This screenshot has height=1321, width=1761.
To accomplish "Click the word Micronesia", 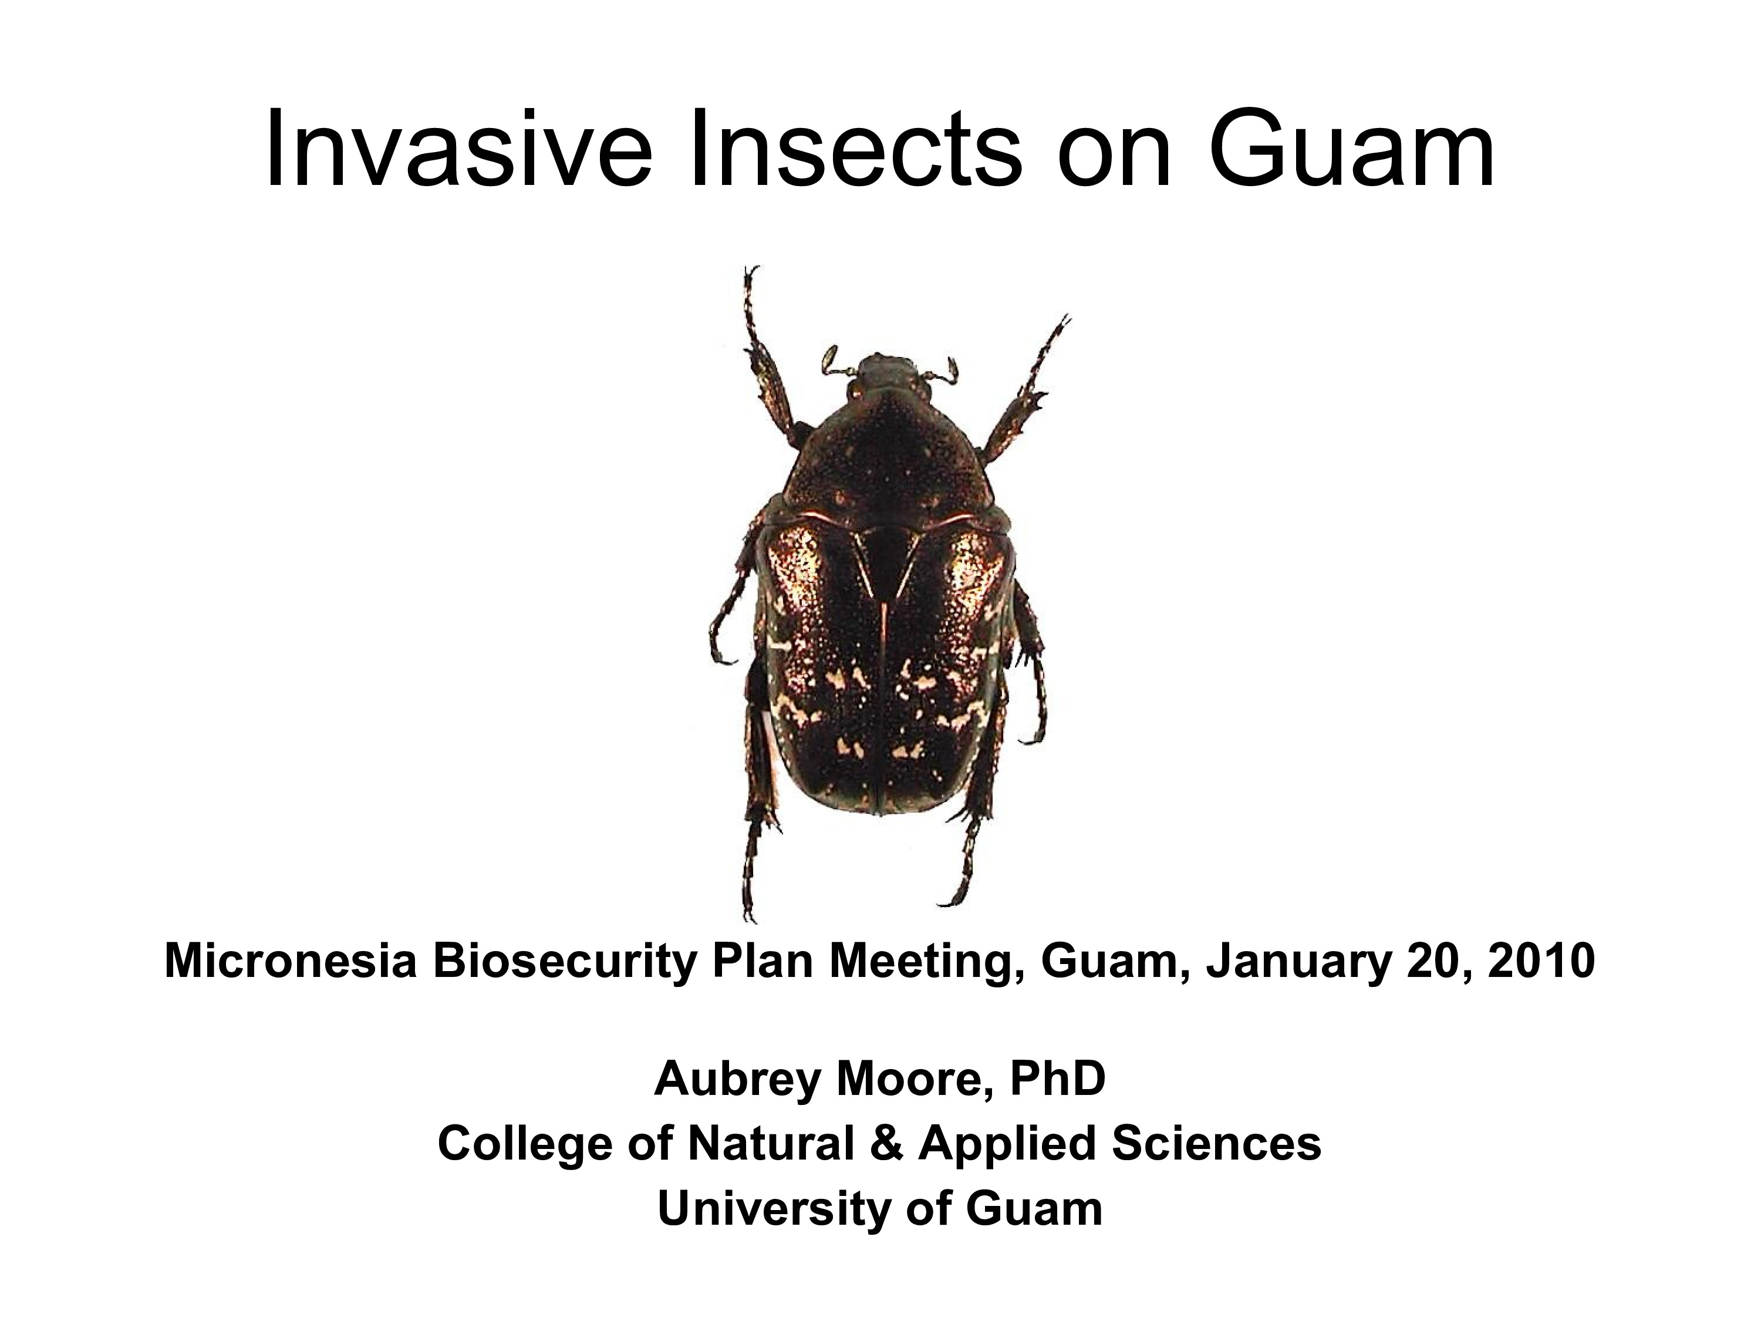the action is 291,962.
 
